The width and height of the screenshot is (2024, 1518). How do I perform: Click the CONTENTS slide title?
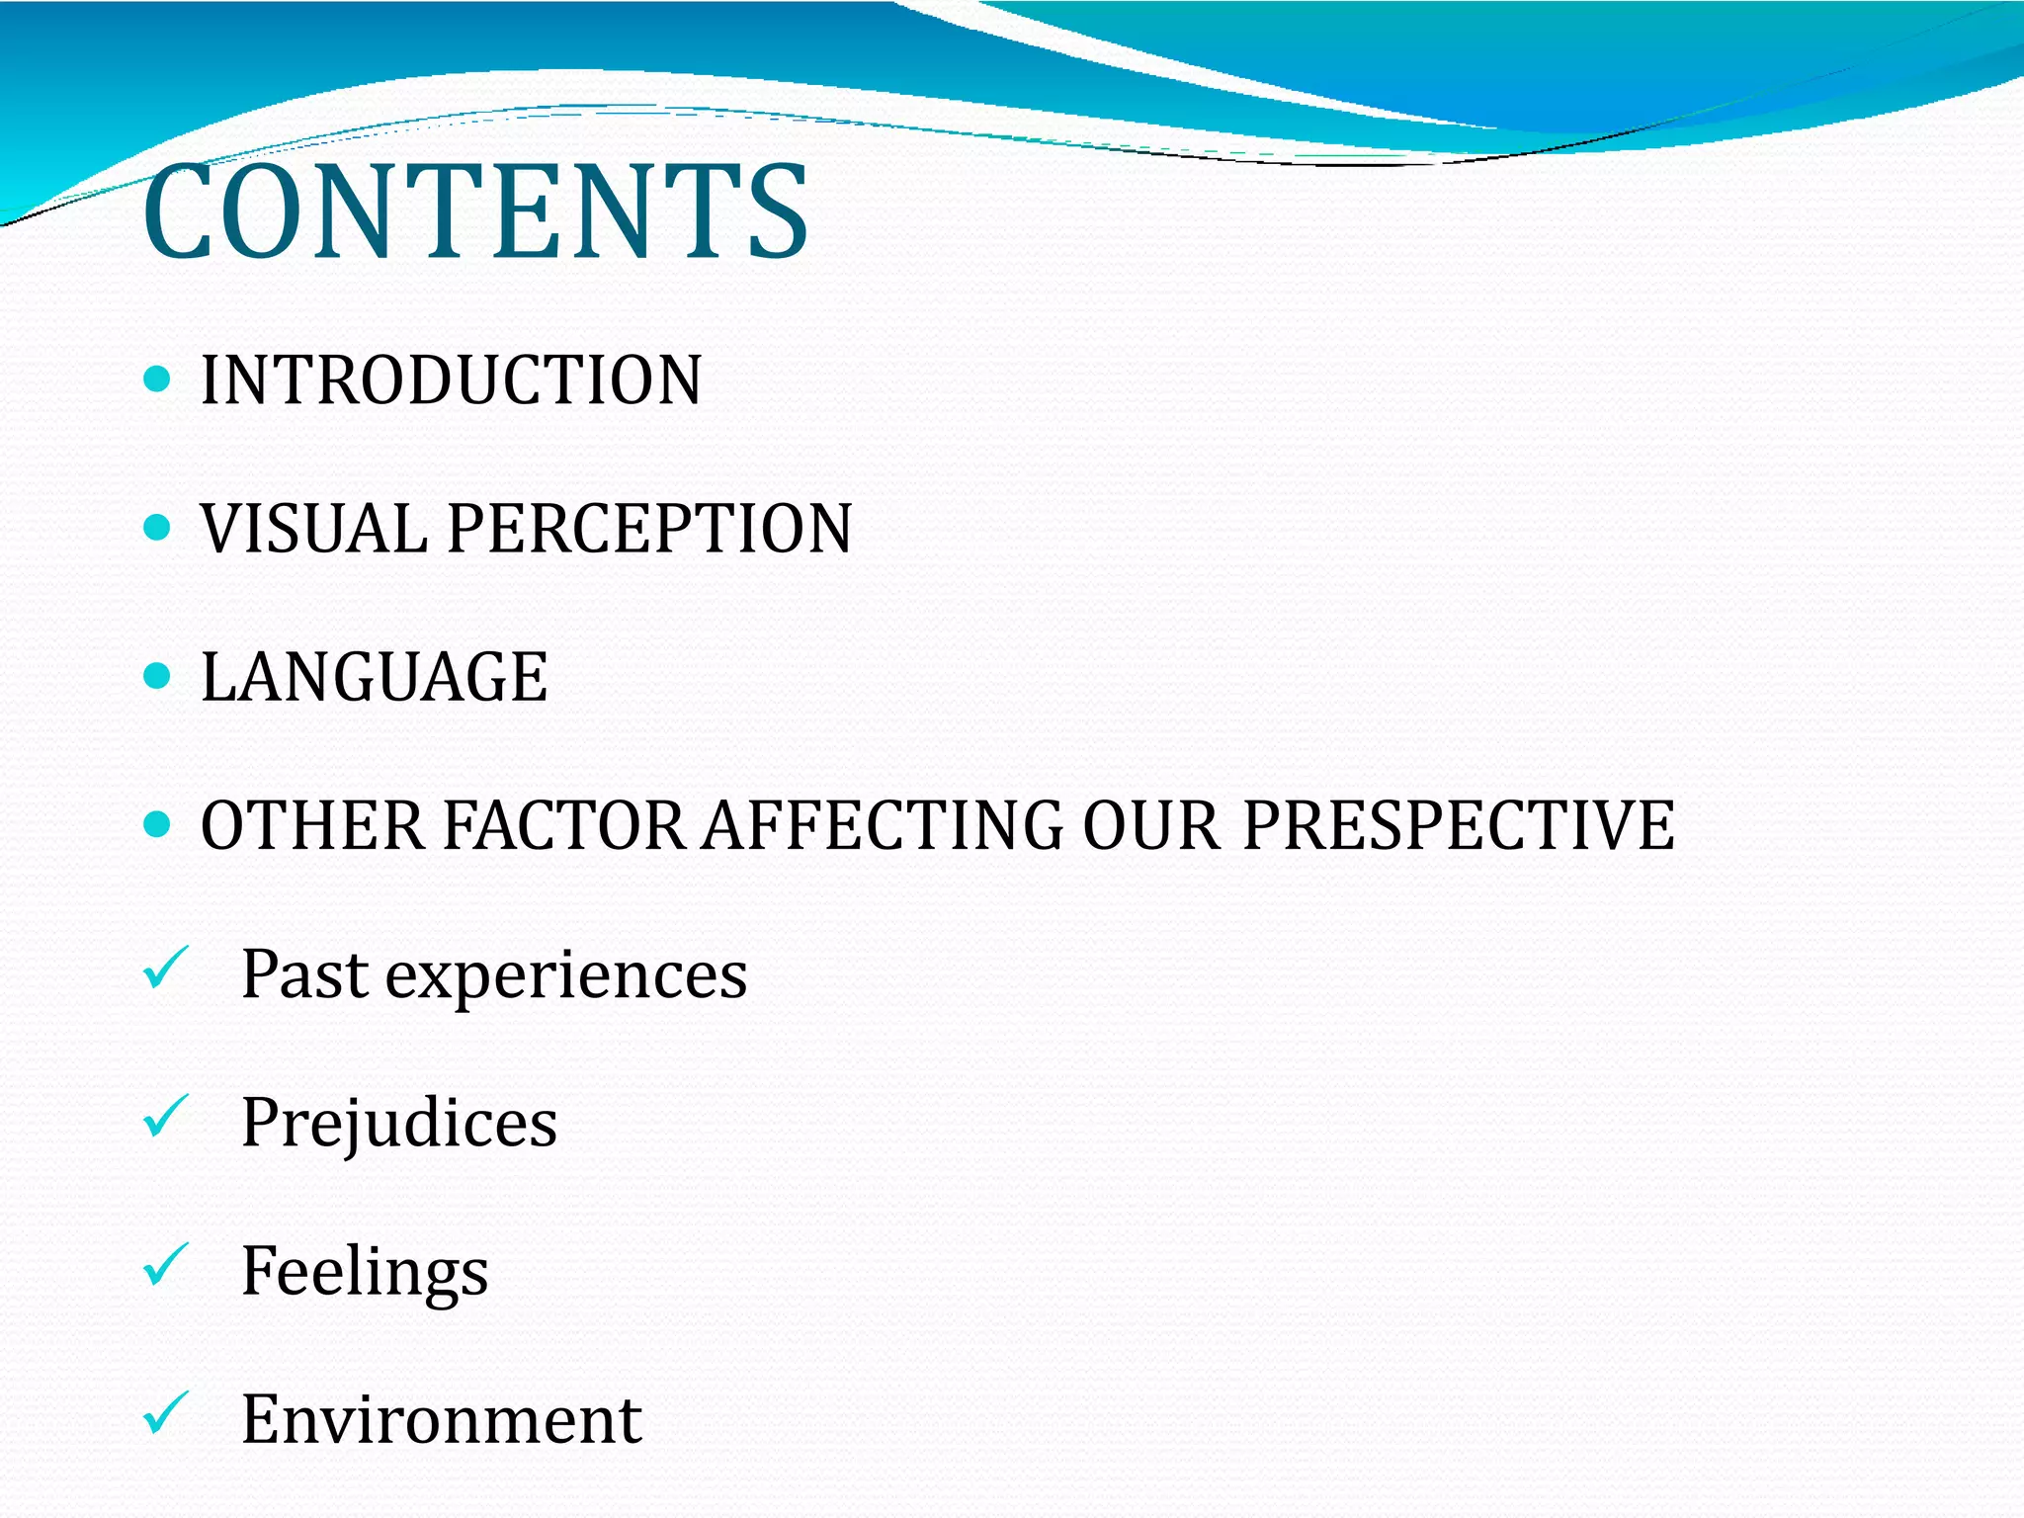pyautogui.click(x=475, y=212)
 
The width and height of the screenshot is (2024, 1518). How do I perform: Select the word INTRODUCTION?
pyautogui.click(x=451, y=380)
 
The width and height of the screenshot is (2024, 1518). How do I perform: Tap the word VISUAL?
pyautogui.click(x=314, y=529)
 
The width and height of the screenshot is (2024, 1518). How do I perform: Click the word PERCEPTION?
pyautogui.click(x=649, y=529)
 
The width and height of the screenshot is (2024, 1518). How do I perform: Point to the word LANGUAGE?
pyautogui.click(x=374, y=678)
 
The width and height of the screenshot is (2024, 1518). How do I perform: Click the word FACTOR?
pyautogui.click(x=563, y=826)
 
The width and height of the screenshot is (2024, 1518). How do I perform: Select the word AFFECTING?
pyautogui.click(x=883, y=826)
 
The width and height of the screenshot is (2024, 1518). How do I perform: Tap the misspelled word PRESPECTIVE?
pyautogui.click(x=1458, y=826)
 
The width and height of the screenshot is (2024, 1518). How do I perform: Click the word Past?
pyautogui.click(x=304, y=974)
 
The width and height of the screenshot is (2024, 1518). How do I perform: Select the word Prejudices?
pyautogui.click(x=399, y=1124)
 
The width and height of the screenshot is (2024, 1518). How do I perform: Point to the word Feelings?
pyautogui.click(x=365, y=1272)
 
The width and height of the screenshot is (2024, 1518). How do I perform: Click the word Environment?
pyautogui.click(x=442, y=1420)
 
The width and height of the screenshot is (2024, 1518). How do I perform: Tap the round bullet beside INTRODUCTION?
pyautogui.click(x=157, y=379)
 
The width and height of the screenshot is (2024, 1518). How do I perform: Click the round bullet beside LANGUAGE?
pyautogui.click(x=157, y=676)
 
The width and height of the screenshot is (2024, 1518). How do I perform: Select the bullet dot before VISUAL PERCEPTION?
pyautogui.click(x=157, y=527)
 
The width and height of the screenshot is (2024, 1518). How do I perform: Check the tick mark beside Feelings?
pyautogui.click(x=165, y=1265)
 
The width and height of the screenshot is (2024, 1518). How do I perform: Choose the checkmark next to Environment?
pyautogui.click(x=165, y=1413)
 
